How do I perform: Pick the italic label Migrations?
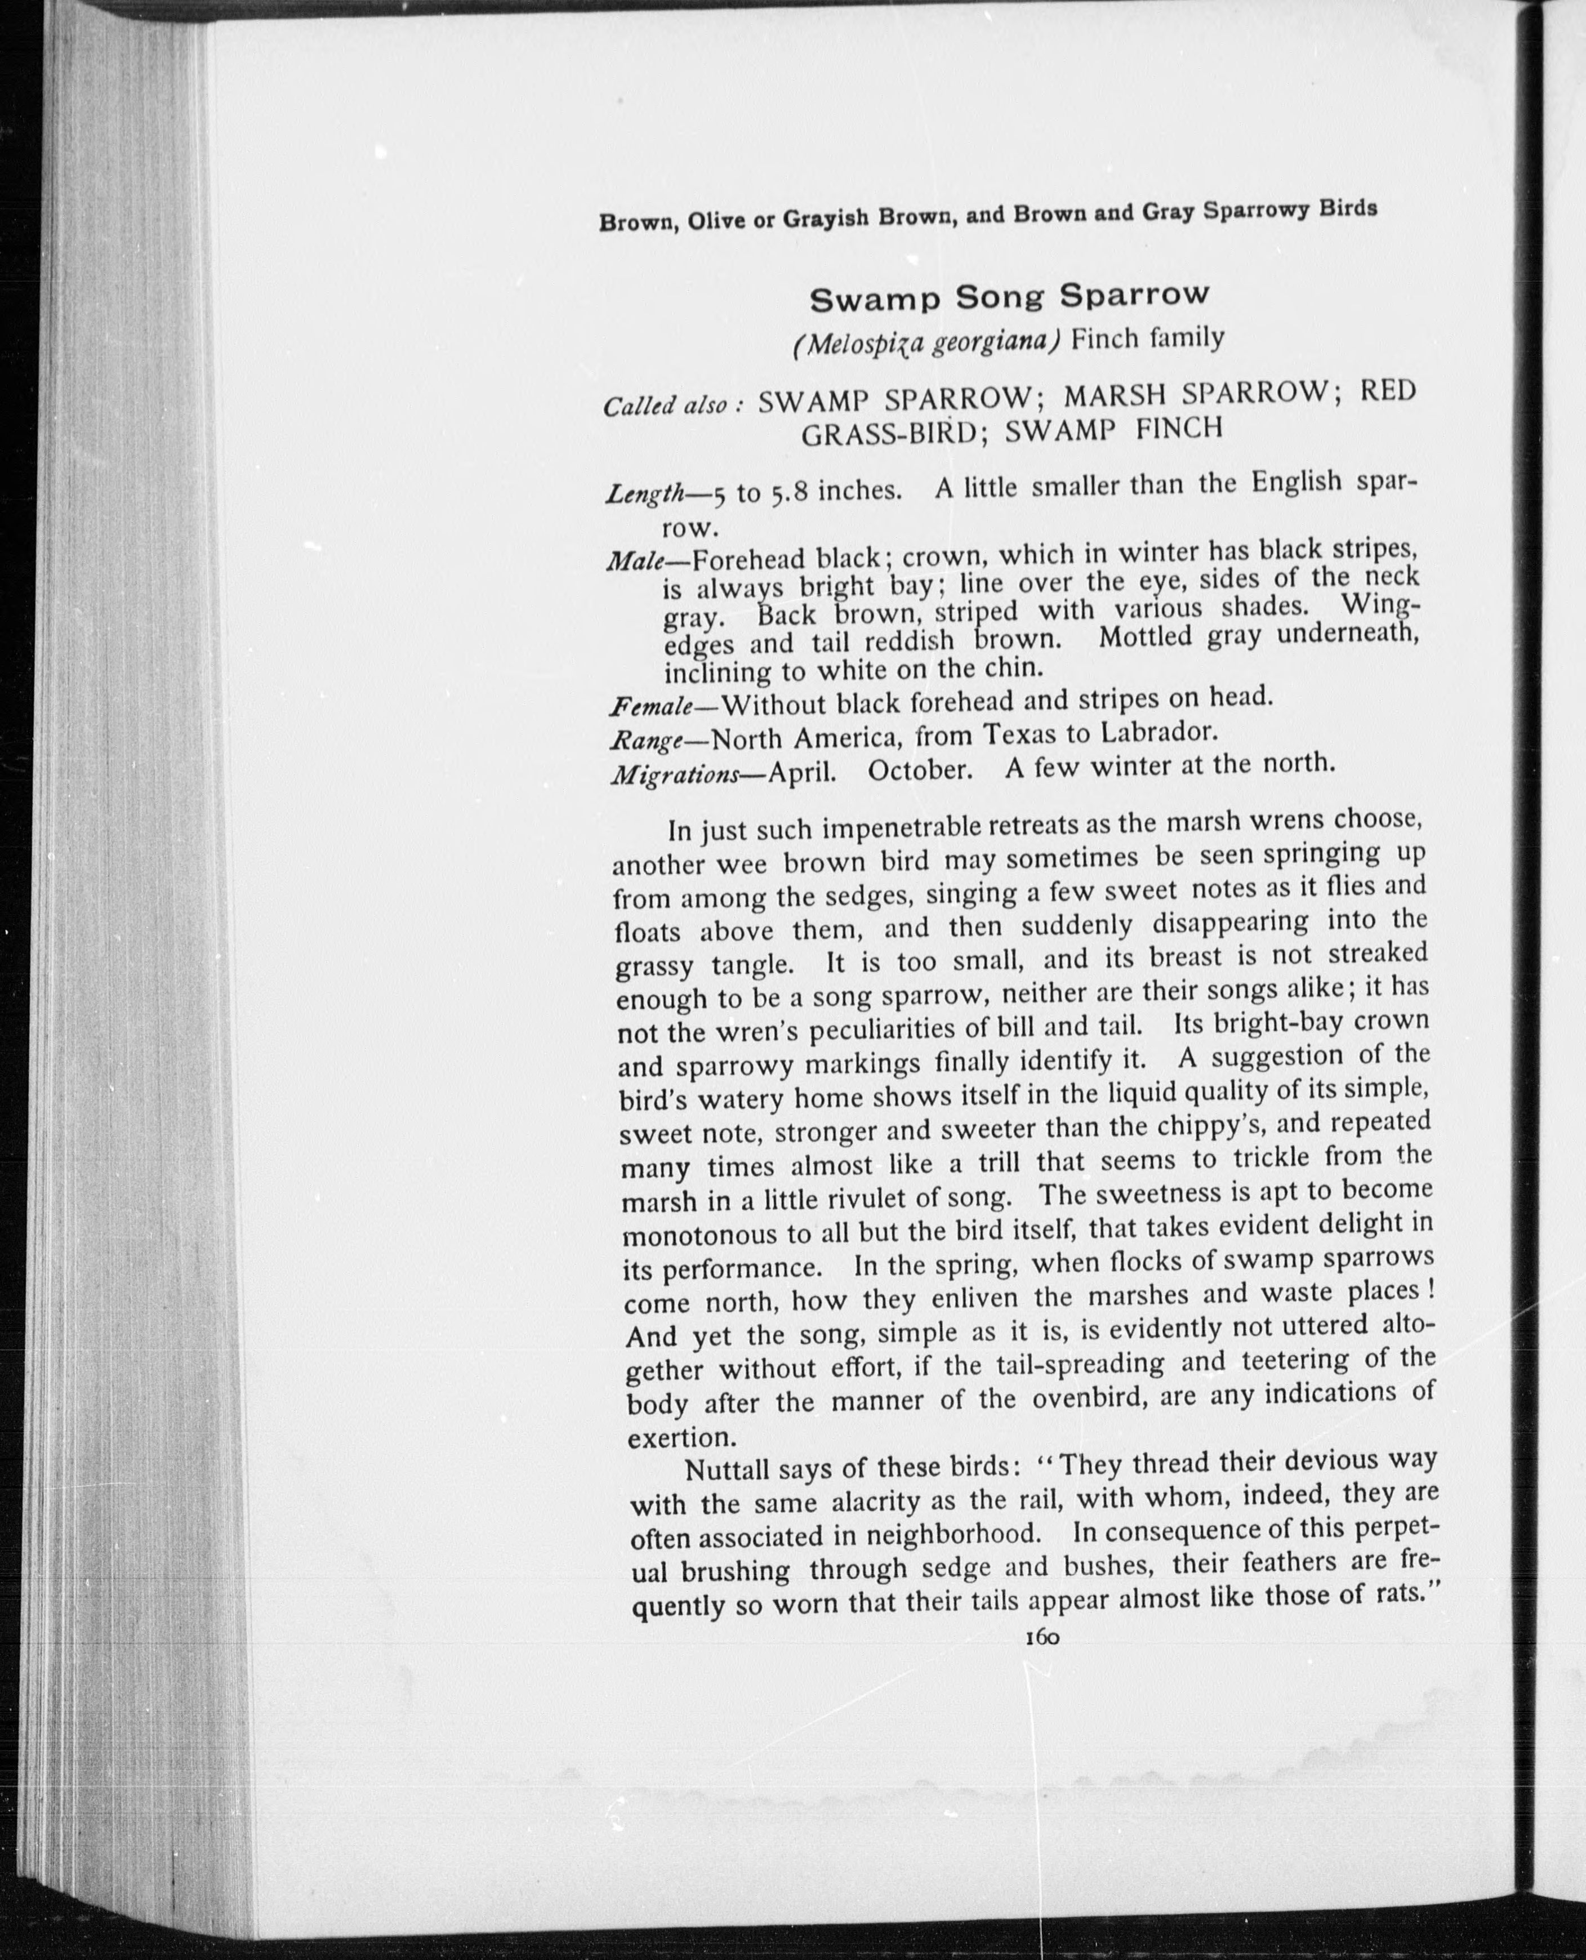tap(674, 775)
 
